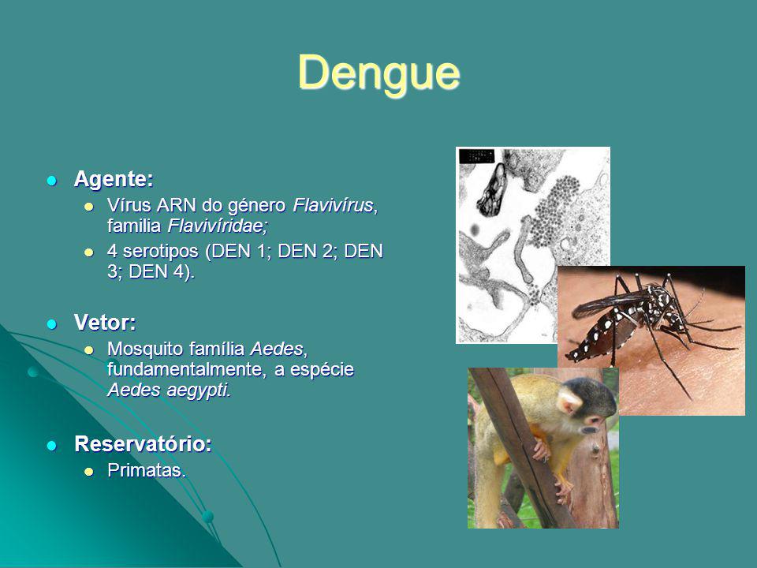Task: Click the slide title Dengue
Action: (x=378, y=73)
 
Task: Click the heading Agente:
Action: (x=114, y=180)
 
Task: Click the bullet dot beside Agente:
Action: (x=53, y=181)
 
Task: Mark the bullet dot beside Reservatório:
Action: (x=53, y=445)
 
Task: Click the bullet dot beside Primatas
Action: (x=89, y=472)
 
